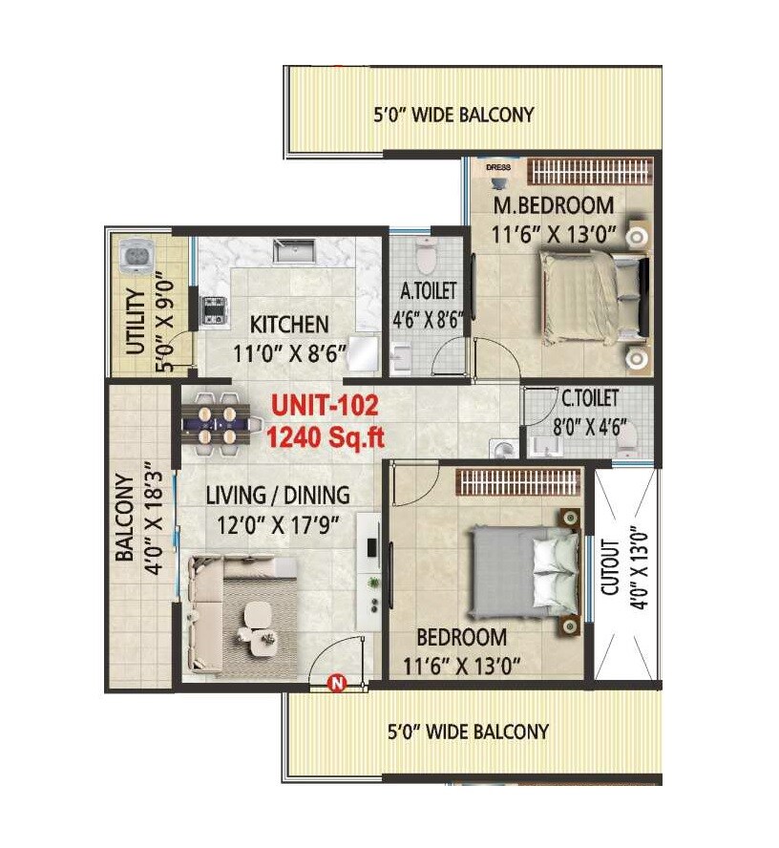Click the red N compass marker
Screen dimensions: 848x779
(336, 682)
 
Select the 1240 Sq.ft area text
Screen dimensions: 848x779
(326, 438)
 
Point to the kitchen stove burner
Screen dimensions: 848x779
(211, 310)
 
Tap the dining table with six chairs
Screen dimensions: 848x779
(218, 418)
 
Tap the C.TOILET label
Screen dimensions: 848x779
(589, 397)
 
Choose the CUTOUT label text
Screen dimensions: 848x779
(611, 565)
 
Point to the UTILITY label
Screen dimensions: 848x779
(137, 321)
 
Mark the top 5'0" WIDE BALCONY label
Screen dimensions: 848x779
(453, 115)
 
